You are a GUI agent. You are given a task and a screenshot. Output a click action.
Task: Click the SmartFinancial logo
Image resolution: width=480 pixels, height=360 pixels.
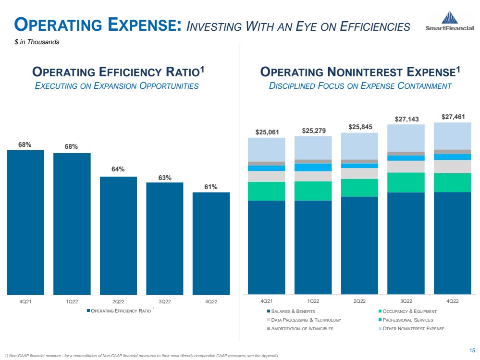(x=449, y=21)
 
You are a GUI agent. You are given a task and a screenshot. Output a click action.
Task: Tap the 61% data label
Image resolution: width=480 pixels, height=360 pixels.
(x=211, y=187)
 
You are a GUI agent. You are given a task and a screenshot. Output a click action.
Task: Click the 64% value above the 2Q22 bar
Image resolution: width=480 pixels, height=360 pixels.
(x=118, y=169)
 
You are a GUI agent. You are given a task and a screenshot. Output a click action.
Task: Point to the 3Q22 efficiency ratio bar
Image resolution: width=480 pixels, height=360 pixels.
(x=165, y=238)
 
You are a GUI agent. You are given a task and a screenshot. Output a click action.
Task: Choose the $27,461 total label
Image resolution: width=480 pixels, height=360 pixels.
(x=452, y=116)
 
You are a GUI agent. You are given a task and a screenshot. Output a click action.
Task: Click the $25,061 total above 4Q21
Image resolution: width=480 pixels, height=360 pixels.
(x=266, y=132)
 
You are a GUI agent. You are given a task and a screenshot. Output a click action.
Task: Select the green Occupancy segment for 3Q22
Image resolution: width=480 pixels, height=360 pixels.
(x=406, y=182)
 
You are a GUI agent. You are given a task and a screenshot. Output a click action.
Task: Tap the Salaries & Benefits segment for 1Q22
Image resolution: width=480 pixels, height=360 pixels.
(x=313, y=247)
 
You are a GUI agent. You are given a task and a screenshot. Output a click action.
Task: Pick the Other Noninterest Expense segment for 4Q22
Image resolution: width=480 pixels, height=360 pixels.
(x=452, y=136)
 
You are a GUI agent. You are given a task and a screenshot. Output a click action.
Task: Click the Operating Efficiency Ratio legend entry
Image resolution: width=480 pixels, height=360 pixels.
(x=118, y=311)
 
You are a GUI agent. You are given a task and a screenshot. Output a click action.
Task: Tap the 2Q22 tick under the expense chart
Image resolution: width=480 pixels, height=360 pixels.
(x=359, y=301)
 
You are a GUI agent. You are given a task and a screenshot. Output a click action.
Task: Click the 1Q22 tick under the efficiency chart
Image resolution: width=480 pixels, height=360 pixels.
(x=72, y=301)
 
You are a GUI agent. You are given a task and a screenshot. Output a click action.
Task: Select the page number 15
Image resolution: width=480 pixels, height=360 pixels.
(x=471, y=349)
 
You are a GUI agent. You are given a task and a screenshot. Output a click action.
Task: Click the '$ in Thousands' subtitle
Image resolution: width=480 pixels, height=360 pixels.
(x=37, y=42)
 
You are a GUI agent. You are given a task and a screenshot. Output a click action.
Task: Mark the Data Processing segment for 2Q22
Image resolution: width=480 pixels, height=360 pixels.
(x=359, y=173)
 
